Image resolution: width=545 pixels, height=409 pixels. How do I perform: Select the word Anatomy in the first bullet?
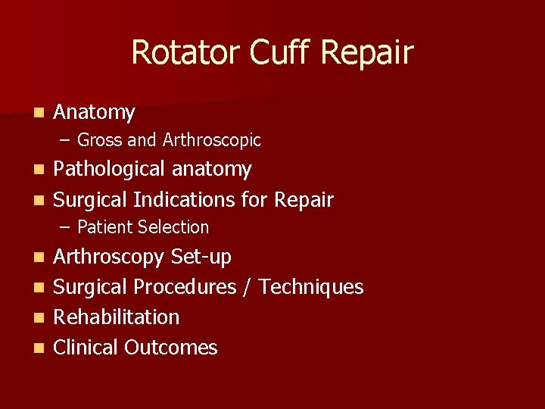coord(94,113)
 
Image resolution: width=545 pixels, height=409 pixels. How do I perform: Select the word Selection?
coord(173,227)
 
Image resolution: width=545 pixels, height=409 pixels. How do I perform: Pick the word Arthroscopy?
coord(110,258)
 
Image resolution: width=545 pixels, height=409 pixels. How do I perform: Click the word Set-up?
coord(201,258)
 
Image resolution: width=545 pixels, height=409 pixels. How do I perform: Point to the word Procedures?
coord(193,287)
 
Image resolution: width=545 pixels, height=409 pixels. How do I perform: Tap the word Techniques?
coord(315,287)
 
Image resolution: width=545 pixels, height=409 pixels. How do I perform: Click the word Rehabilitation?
coord(116,317)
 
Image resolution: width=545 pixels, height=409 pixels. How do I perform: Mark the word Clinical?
coord(86,348)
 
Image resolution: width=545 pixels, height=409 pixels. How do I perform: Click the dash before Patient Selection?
coord(66,227)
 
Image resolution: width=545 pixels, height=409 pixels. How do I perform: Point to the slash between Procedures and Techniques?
coord(249,287)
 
